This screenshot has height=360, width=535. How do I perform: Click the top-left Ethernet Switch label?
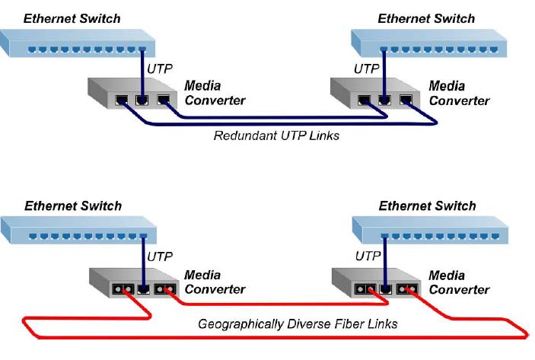[x=72, y=18]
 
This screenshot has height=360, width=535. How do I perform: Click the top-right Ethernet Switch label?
[x=426, y=18]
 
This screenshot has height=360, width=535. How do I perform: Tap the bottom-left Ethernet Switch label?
[x=73, y=205]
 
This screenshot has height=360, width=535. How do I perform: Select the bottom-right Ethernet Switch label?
[x=427, y=205]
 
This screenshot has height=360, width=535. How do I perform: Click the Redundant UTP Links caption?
[x=276, y=135]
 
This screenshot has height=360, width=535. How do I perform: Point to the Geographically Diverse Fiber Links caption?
[x=298, y=323]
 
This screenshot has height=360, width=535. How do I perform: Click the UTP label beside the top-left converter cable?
[x=160, y=69]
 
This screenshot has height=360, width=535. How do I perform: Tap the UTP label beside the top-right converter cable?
[x=367, y=69]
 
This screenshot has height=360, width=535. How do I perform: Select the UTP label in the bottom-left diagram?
[x=160, y=256]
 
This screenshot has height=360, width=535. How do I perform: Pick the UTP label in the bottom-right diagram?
[x=368, y=256]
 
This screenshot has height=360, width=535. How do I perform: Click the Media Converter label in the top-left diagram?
[x=215, y=93]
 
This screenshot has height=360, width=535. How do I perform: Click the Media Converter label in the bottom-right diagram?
[x=459, y=282]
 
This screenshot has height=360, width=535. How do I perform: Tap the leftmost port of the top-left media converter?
[x=122, y=100]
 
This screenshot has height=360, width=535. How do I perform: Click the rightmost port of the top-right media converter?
[x=406, y=100]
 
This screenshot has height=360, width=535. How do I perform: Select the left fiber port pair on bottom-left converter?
[x=123, y=290]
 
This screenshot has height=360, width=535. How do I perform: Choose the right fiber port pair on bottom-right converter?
[x=407, y=290]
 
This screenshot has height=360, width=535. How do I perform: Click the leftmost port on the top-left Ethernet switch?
[x=32, y=49]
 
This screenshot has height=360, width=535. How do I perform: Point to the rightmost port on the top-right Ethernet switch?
[x=494, y=49]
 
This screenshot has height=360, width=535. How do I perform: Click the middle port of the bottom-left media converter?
[x=143, y=290]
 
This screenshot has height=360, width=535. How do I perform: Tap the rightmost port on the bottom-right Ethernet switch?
[x=495, y=236]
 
